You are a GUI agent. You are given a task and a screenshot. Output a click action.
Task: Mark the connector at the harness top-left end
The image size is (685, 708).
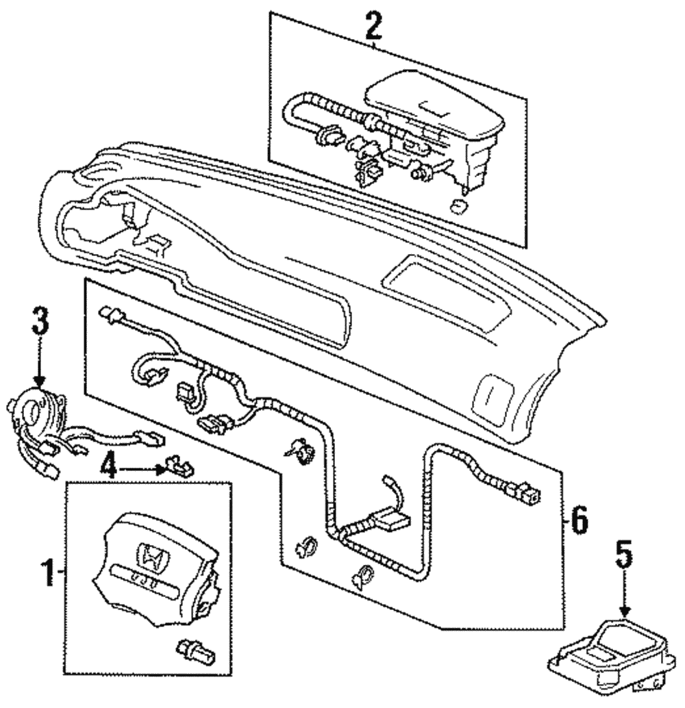(109, 315)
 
